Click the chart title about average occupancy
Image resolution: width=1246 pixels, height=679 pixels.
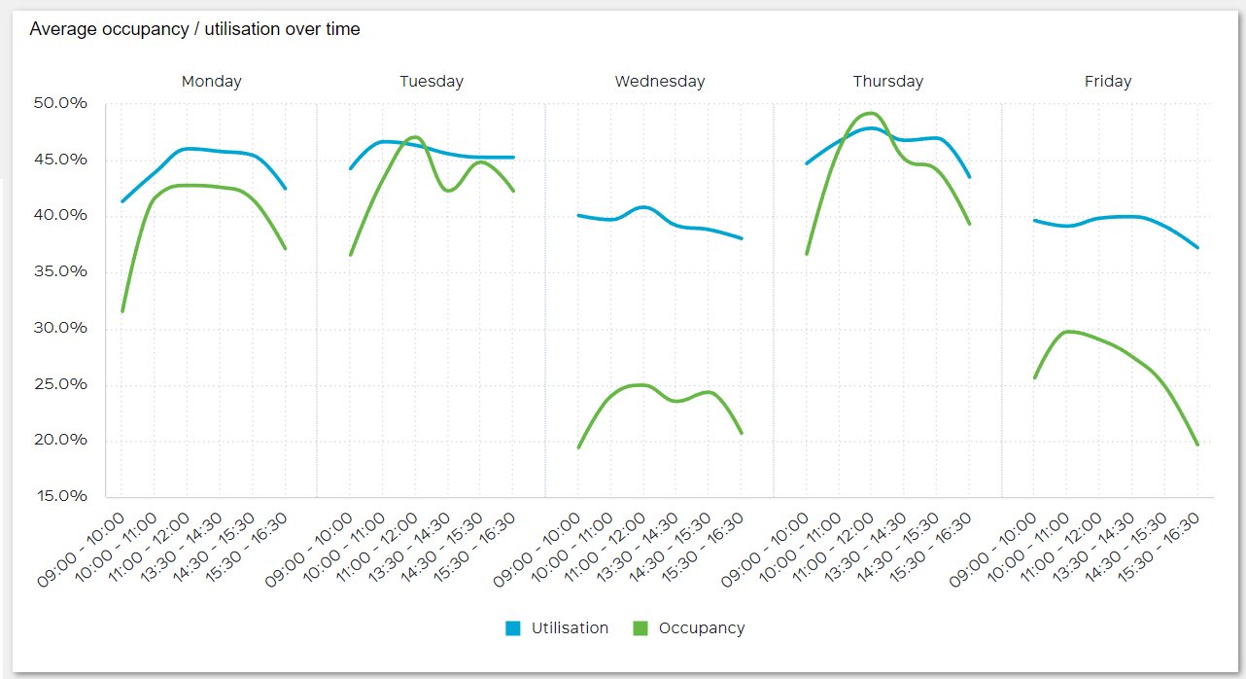194,29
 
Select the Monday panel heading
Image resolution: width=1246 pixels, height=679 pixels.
211,82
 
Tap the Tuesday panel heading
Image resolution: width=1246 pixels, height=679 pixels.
431,82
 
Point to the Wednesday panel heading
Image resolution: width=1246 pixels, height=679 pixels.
659,82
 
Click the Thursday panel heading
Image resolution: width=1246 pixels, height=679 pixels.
887,82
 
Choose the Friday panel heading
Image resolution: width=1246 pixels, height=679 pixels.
1107,82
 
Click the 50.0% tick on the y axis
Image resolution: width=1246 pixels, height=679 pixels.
59,103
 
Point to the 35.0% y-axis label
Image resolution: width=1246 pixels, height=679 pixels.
59,271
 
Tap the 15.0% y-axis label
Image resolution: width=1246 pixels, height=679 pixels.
59,496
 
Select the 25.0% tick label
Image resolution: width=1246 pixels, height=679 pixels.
59,384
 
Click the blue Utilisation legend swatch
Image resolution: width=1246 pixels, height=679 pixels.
513,628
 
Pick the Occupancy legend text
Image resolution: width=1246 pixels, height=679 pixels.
701,628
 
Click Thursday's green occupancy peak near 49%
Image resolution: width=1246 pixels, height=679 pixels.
870,113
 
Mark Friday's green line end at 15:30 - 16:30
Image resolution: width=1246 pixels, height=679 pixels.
1197,445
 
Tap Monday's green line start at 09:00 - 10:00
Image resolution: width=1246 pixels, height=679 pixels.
121,311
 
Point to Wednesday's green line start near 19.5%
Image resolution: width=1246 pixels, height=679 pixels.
578,447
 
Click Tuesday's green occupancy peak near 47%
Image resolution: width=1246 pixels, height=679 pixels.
415,137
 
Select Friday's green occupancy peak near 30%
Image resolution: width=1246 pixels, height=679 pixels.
1068,332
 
